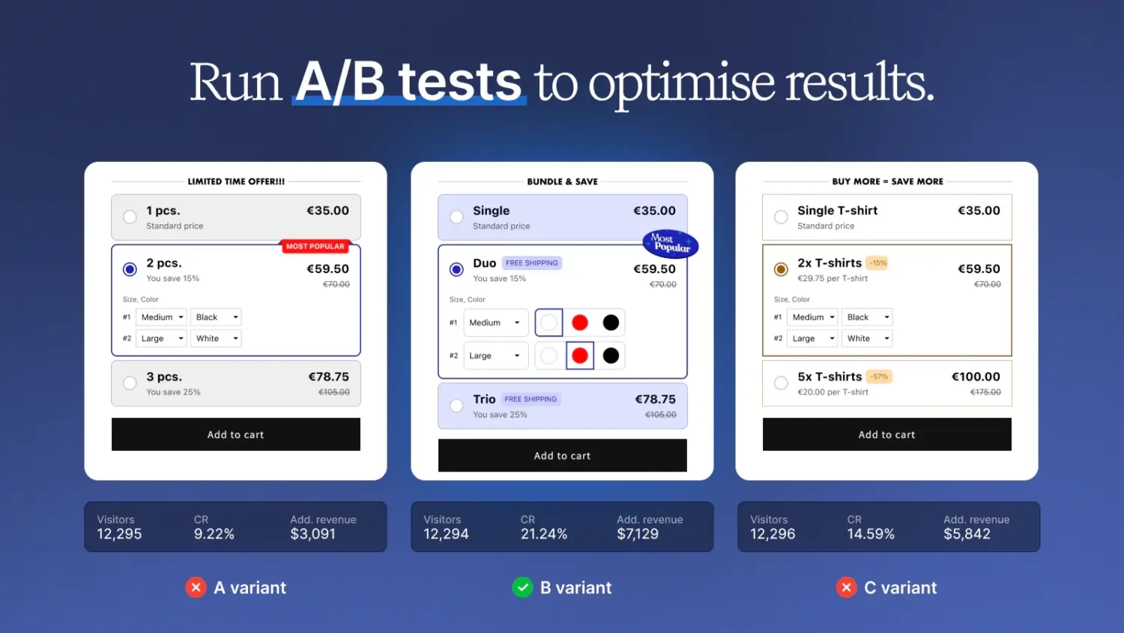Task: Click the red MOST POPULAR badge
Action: (x=315, y=246)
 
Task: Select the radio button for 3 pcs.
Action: (x=130, y=383)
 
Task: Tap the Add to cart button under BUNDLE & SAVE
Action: (x=562, y=455)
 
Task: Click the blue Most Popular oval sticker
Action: (x=670, y=243)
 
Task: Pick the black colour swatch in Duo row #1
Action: (x=611, y=322)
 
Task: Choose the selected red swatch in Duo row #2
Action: (x=580, y=355)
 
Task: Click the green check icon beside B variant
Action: (x=522, y=587)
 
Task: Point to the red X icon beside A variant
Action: (x=196, y=587)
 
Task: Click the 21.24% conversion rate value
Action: (x=543, y=534)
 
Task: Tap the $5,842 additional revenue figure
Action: (x=967, y=534)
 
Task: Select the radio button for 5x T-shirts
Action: (x=781, y=383)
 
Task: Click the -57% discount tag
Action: (x=880, y=376)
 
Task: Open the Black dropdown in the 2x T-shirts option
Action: (x=867, y=317)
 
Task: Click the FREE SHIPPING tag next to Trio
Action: (x=531, y=399)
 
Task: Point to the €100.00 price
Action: (x=976, y=376)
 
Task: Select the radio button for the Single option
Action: (x=456, y=217)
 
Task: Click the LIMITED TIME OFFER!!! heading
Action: (x=236, y=181)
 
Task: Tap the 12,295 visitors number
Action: (x=119, y=534)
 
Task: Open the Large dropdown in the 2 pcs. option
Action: (x=160, y=338)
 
